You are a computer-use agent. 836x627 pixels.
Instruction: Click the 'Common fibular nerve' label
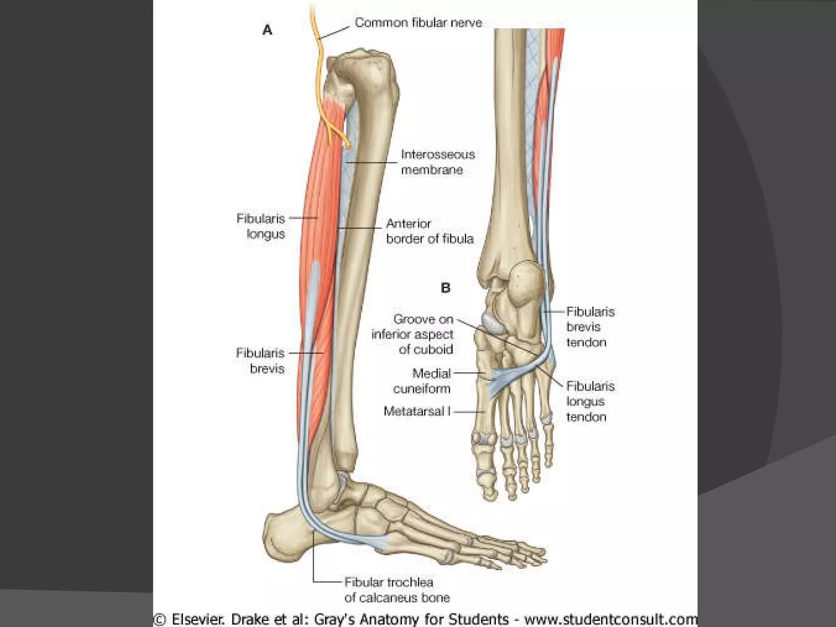click(418, 22)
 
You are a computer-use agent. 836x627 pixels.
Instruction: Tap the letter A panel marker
click(267, 30)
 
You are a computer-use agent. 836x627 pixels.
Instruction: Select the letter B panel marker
click(445, 288)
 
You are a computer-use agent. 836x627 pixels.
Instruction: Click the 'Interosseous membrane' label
click(438, 162)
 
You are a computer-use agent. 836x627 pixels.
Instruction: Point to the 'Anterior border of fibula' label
click(429, 231)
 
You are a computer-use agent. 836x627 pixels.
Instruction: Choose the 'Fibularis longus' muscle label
click(261, 226)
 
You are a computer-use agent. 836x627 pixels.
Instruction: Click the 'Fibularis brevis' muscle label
click(260, 360)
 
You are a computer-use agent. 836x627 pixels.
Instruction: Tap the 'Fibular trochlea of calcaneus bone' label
click(397, 589)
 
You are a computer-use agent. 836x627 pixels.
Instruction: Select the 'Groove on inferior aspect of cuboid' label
click(412, 334)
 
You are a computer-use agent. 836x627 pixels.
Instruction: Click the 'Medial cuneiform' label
click(422, 381)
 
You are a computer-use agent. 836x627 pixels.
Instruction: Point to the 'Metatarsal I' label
click(417, 411)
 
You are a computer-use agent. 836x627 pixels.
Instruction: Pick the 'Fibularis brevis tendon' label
click(590, 327)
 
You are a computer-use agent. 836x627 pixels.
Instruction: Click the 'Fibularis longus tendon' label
click(590, 401)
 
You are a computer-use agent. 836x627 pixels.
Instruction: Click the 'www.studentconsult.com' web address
click(611, 619)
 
